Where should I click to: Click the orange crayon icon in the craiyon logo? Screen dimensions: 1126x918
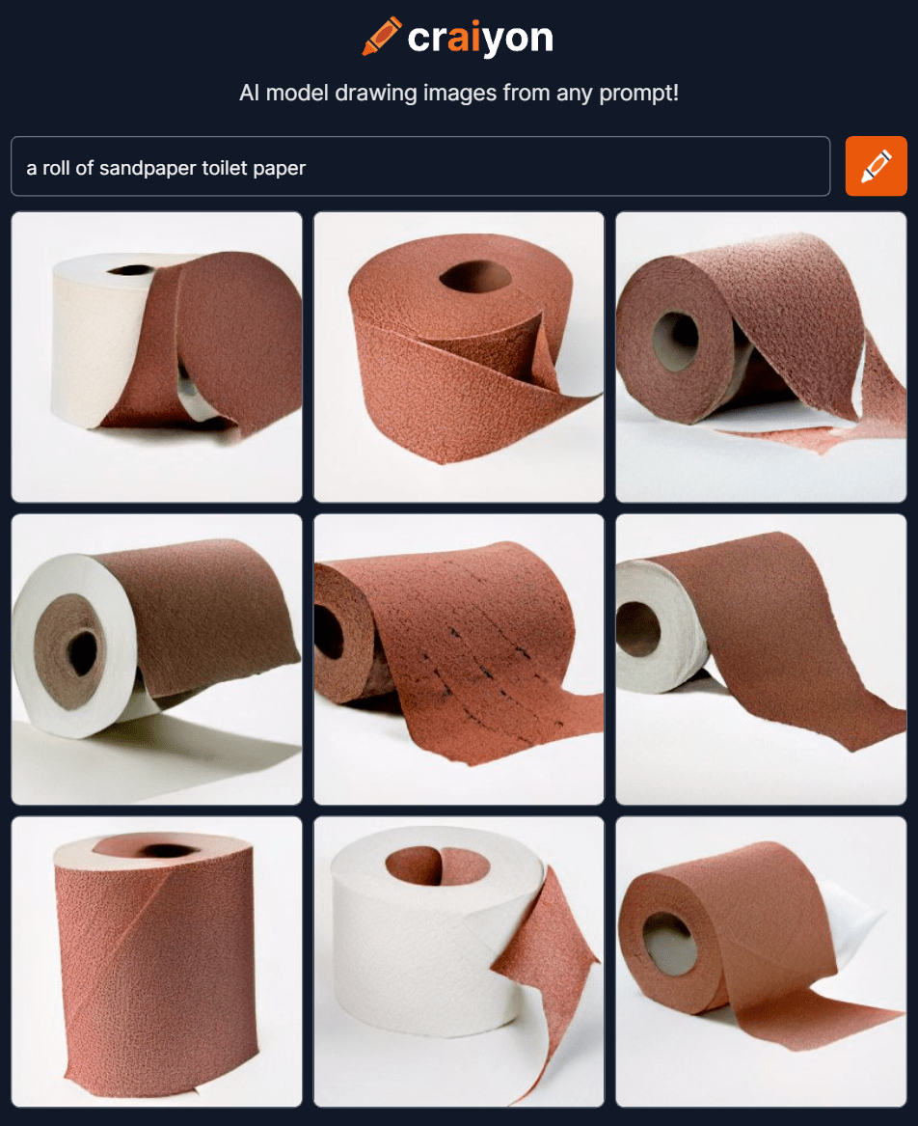381,37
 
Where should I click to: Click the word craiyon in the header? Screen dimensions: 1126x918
480,38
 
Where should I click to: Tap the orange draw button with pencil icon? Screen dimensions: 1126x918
876,166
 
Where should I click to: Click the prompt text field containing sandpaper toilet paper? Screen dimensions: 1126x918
419,167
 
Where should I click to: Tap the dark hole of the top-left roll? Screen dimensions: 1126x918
128,270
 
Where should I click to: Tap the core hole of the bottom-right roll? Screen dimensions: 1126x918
670,944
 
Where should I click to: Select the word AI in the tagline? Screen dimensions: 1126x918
249,95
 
